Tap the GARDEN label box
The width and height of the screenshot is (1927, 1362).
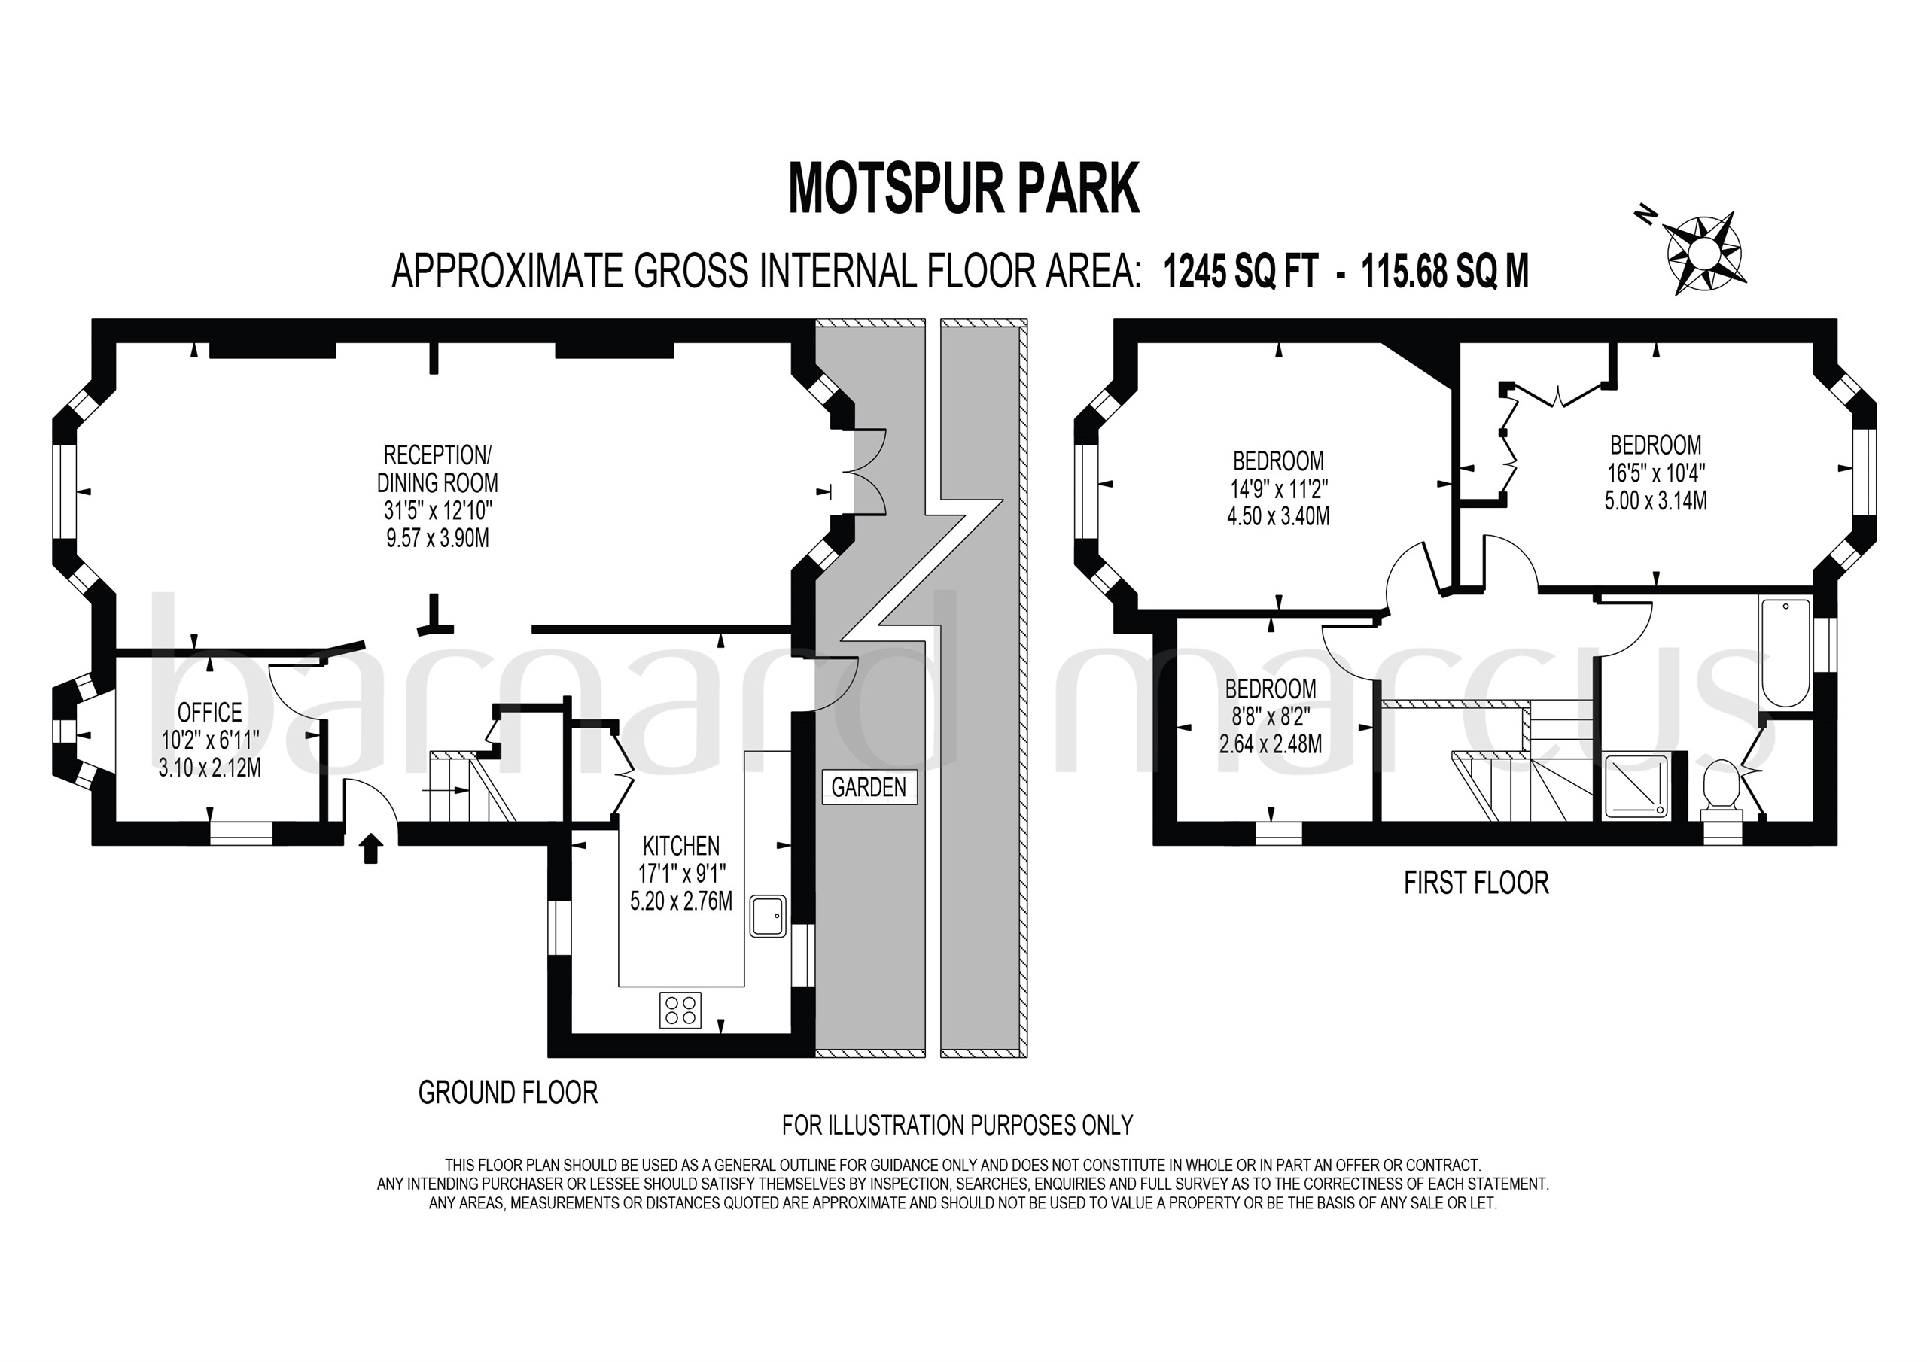pyautogui.click(x=869, y=787)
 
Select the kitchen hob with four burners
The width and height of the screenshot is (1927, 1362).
pyautogui.click(x=680, y=1010)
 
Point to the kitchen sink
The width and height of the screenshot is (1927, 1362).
pyautogui.click(x=767, y=917)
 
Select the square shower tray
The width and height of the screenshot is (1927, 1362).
pyautogui.click(x=1633, y=786)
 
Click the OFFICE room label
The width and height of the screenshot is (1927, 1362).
pyautogui.click(x=210, y=713)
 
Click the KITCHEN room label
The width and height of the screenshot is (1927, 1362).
pyautogui.click(x=680, y=845)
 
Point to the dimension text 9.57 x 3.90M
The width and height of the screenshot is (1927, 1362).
pyautogui.click(x=437, y=538)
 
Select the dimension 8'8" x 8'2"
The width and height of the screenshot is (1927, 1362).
pyautogui.click(x=1270, y=716)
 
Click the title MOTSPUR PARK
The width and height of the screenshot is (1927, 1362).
pyautogui.click(x=963, y=190)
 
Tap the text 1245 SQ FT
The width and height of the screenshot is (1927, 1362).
pyautogui.click(x=1240, y=272)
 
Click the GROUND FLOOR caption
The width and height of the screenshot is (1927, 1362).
pyautogui.click(x=508, y=1093)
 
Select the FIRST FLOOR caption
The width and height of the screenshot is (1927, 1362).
pyautogui.click(x=1475, y=883)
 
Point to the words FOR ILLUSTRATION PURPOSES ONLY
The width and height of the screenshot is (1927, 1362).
pyautogui.click(x=957, y=1124)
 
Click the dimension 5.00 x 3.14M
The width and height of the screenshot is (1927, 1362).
pyautogui.click(x=1655, y=501)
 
